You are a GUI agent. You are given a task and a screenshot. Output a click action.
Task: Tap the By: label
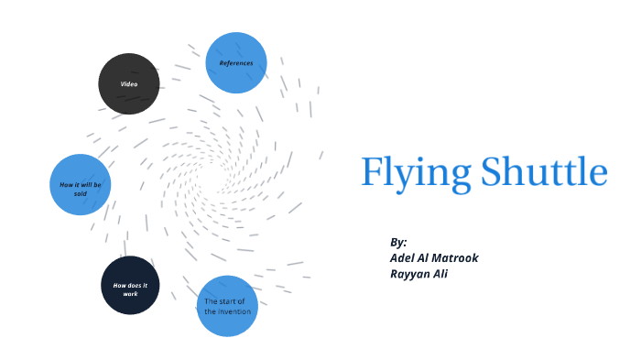click(x=397, y=243)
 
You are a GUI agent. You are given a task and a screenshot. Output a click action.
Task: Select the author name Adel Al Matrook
click(x=434, y=257)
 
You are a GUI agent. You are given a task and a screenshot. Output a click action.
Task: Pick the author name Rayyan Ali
click(x=418, y=273)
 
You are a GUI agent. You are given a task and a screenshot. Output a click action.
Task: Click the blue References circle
click(x=236, y=63)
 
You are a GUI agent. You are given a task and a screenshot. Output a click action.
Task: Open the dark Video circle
click(x=129, y=84)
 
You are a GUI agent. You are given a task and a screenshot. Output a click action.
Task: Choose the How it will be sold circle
click(x=81, y=185)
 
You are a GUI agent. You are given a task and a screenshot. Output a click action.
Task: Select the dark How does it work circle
click(x=130, y=286)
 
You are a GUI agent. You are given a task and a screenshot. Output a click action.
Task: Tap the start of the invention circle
click(x=227, y=306)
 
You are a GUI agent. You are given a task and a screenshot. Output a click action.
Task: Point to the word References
click(x=236, y=63)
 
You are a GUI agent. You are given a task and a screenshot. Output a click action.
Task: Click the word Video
click(x=129, y=84)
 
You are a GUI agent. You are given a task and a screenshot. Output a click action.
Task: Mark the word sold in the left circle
click(x=81, y=193)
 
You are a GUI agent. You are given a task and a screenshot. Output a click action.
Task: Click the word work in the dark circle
click(x=130, y=294)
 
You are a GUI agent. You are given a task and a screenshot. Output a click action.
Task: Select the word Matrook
click(x=455, y=257)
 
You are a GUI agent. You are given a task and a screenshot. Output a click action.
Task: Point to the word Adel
click(x=403, y=257)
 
